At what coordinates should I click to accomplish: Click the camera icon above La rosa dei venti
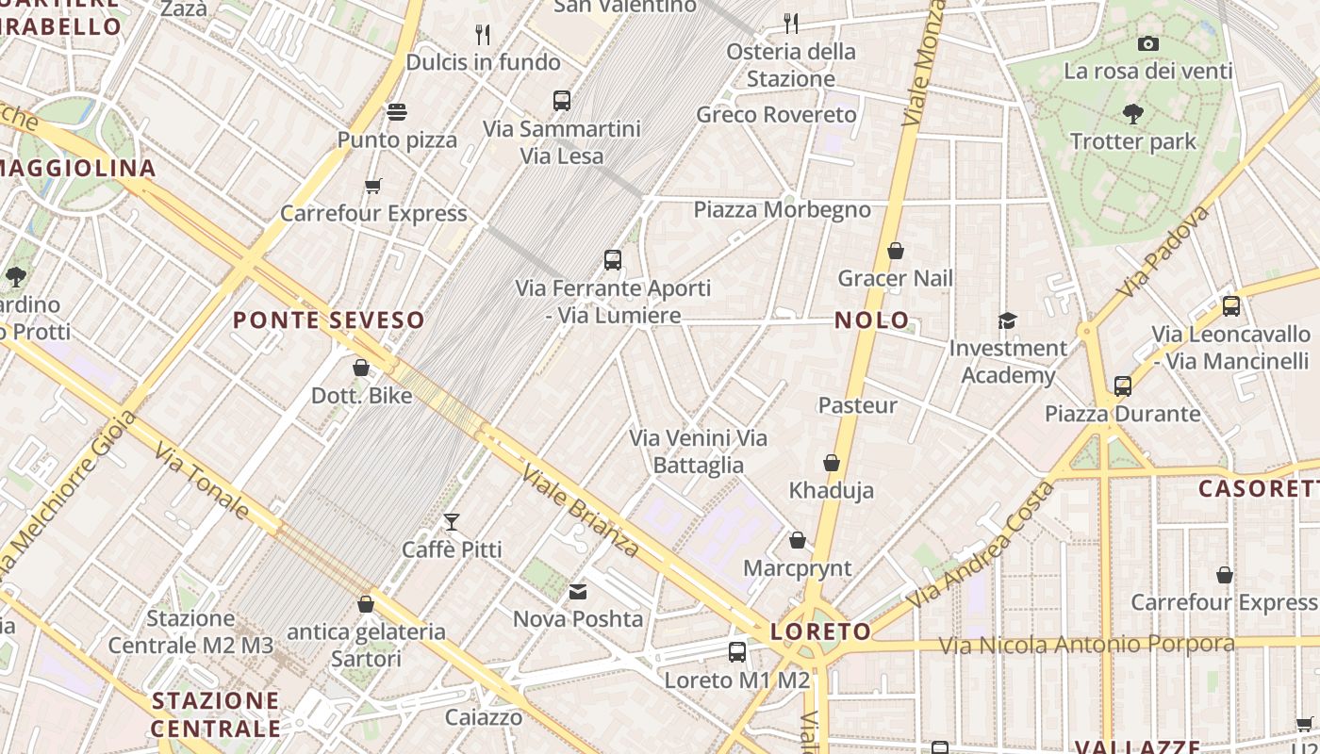pos(1147,43)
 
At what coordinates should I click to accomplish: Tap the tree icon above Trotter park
pos(1133,114)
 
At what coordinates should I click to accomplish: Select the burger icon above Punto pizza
pos(397,112)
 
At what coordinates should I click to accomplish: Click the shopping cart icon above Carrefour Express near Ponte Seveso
pos(373,186)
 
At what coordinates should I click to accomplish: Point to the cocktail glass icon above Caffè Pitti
pos(452,521)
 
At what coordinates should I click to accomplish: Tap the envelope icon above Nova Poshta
pos(577,592)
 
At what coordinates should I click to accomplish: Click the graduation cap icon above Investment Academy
pos(1007,320)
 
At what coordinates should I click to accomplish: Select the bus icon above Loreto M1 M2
pos(737,651)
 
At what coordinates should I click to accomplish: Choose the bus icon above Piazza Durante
pos(1122,385)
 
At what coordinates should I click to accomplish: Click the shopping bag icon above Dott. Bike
pos(361,368)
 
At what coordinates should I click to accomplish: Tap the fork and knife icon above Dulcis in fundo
pos(483,35)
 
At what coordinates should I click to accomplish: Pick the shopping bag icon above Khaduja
pos(832,463)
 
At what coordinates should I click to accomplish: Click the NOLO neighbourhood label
pos(872,320)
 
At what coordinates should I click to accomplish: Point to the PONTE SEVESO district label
pos(329,320)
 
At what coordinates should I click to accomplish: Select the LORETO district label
pos(820,631)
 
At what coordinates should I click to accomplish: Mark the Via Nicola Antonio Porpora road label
pos(1086,645)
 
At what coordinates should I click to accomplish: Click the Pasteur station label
pos(857,405)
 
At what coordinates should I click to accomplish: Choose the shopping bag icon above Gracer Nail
pos(896,251)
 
